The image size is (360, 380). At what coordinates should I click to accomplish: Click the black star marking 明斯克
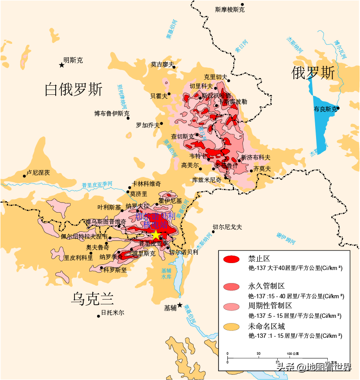pos(62,65)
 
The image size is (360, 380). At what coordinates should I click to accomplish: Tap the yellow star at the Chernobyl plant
pos(156,235)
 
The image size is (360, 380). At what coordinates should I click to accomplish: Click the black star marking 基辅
pos(180,305)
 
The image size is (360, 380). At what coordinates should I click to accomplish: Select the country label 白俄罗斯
pos(74,90)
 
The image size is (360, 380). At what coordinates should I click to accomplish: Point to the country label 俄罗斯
pos(313,73)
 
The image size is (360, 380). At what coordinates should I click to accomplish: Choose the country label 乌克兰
pos(93,299)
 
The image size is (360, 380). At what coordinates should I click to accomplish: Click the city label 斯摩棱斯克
pos(230,10)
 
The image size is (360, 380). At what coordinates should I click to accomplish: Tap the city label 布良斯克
pos(325,109)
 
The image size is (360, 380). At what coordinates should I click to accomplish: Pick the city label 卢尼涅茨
pos(38,173)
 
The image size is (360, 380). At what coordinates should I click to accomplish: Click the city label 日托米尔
pos(112,313)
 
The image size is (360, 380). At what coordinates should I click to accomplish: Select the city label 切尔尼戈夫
pos(227,227)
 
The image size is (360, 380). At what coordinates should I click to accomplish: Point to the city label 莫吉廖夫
pos(162,64)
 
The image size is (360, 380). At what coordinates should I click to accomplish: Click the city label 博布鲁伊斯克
pos(111,114)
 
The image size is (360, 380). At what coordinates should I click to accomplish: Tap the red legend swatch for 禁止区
pos(231,260)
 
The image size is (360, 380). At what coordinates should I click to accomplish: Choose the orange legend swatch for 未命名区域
pos(231,327)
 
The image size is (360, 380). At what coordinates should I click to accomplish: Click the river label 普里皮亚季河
pos(97,185)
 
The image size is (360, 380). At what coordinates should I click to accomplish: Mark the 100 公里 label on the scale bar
pos(292,353)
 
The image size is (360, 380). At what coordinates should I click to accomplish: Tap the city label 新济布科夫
pos(256,157)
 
